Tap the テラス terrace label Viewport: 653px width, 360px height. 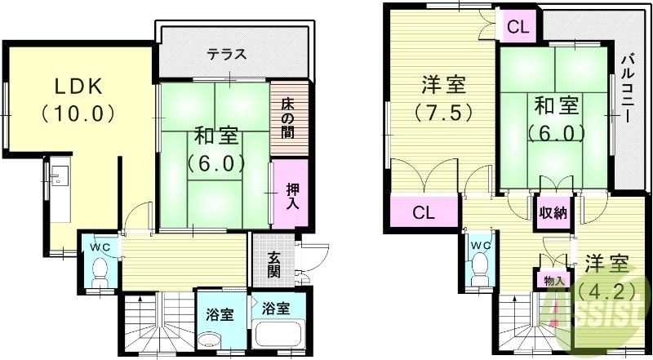click(x=226, y=56)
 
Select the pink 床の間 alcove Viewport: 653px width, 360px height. click(x=290, y=118)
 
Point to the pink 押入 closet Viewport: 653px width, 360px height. click(x=291, y=194)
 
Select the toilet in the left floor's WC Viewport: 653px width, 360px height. click(x=100, y=269)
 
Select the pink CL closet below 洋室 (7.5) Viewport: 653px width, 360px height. click(x=423, y=214)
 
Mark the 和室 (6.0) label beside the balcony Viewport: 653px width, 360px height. click(x=557, y=118)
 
